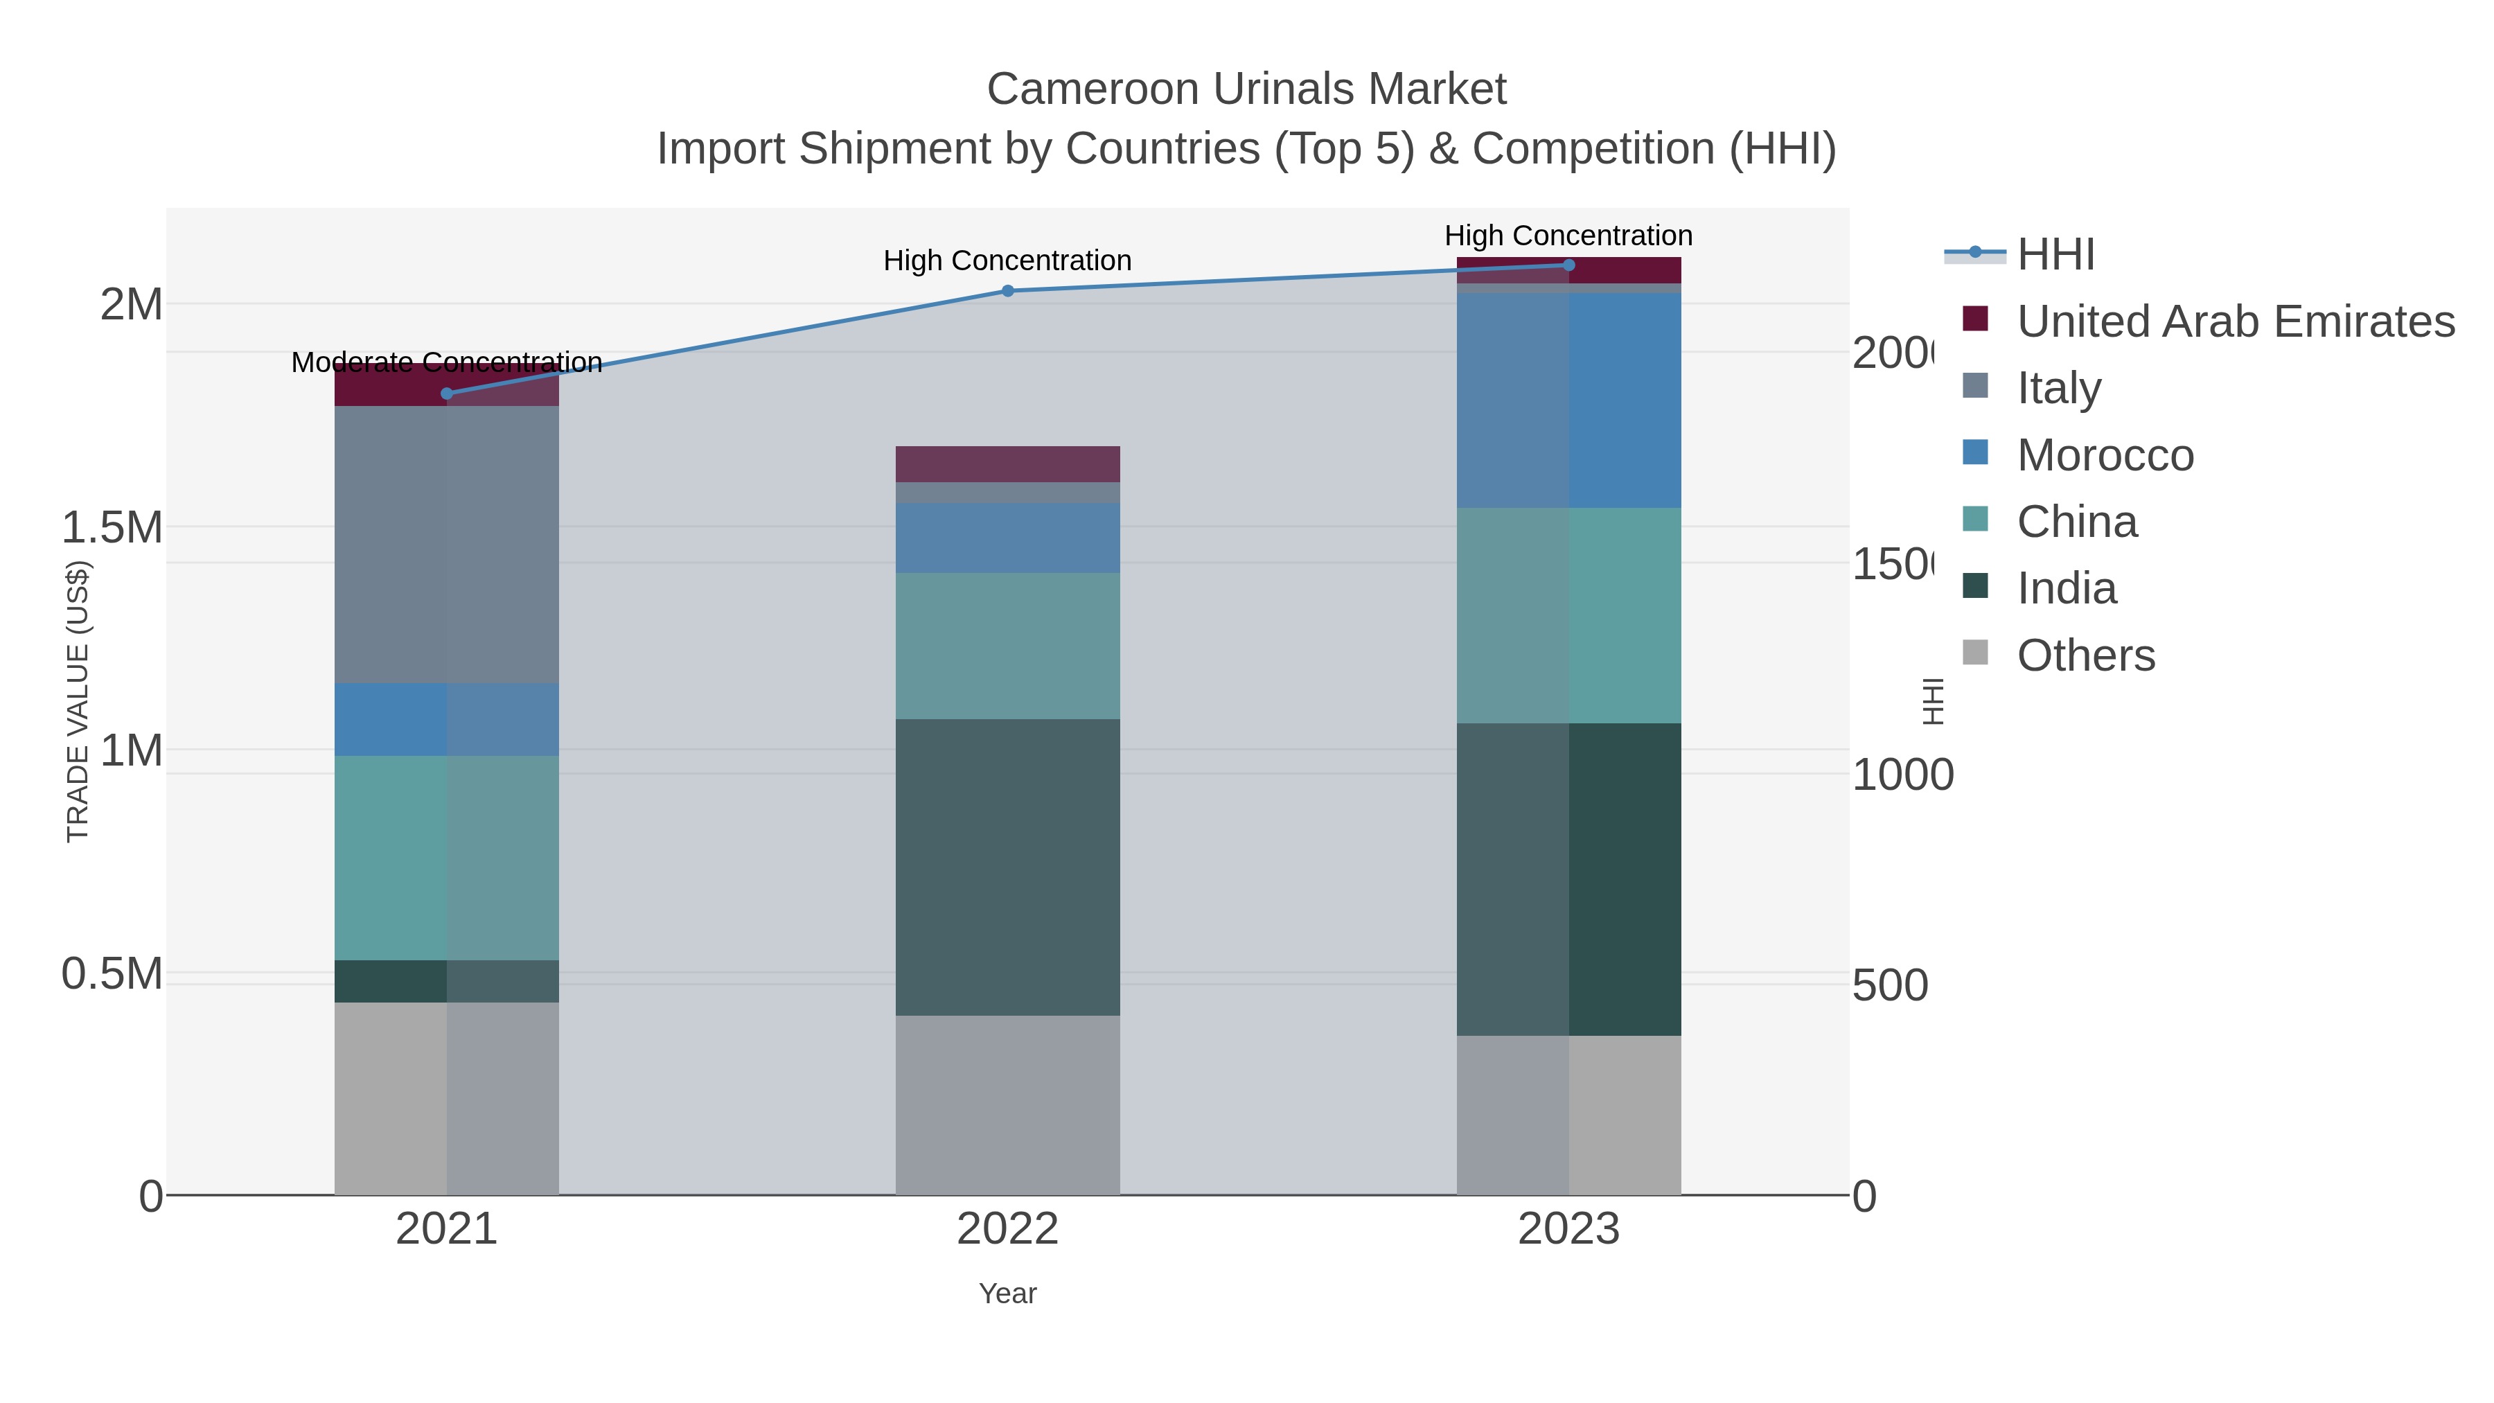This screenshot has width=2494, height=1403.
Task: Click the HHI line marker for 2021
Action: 446,393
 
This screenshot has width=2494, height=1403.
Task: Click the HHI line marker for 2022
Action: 1008,290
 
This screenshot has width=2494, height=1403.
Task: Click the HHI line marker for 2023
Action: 1569,265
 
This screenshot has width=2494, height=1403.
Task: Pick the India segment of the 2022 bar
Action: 1008,867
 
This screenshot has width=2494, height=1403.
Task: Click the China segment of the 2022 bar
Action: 1008,645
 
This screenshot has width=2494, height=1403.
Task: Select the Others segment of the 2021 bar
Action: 446,1098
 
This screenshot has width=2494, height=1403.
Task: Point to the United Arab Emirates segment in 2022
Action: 1008,464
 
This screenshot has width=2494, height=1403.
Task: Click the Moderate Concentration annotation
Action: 446,362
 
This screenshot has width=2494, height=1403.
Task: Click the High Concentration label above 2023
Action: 1568,236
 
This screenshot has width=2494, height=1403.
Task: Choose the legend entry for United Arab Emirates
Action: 2234,321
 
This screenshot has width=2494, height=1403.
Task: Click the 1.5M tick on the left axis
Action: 112,528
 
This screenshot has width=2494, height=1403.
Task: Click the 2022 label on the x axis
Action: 1008,1228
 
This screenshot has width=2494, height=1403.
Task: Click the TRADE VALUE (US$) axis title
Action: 78,701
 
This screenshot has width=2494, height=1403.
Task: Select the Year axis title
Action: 1008,1294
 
